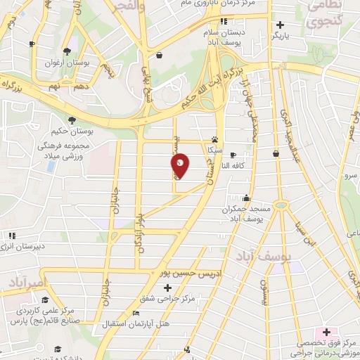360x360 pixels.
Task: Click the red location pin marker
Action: click(x=181, y=166)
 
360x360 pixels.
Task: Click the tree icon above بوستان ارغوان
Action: click(x=67, y=51)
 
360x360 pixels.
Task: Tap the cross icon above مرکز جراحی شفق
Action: click(x=167, y=288)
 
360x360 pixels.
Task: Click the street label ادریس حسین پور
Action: click(x=184, y=272)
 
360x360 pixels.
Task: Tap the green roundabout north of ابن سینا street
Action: click(x=281, y=206)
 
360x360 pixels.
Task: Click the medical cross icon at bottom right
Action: click(x=326, y=331)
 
